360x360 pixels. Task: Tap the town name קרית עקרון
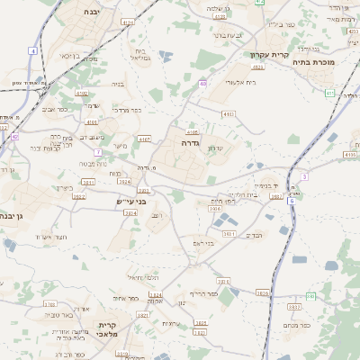270,55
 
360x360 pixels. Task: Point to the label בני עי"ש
130,202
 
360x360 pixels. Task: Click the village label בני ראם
204,242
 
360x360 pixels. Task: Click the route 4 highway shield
33,50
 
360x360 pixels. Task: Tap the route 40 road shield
203,84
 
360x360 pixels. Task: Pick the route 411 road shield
329,92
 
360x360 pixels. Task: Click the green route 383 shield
310,295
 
